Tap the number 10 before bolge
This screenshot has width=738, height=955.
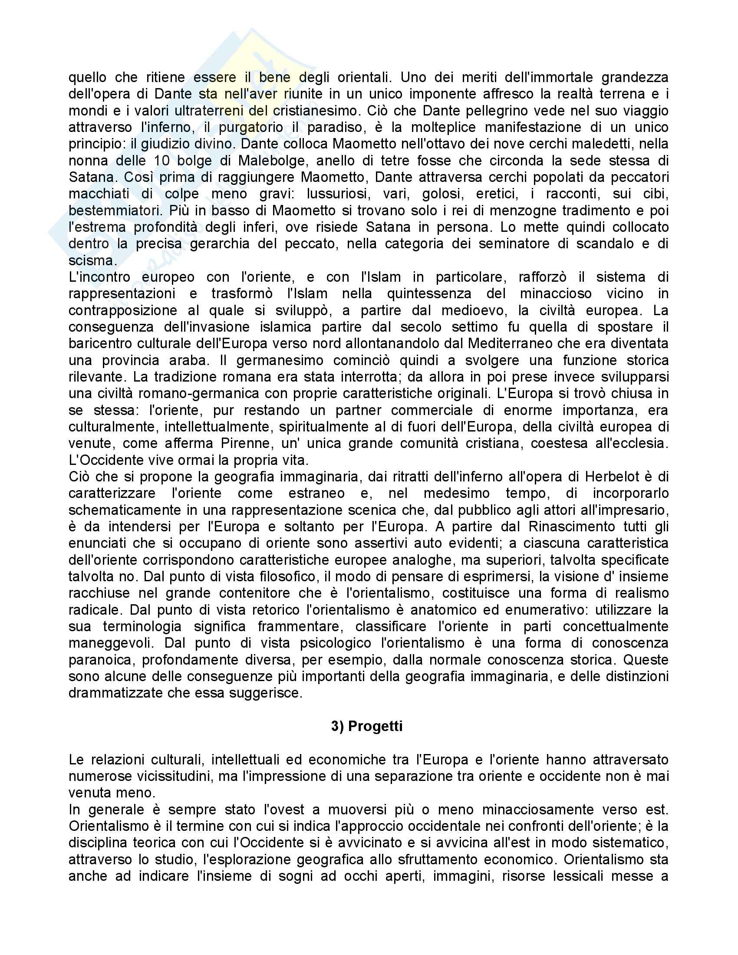coord(161,161)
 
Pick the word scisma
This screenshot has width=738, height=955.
coord(91,260)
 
